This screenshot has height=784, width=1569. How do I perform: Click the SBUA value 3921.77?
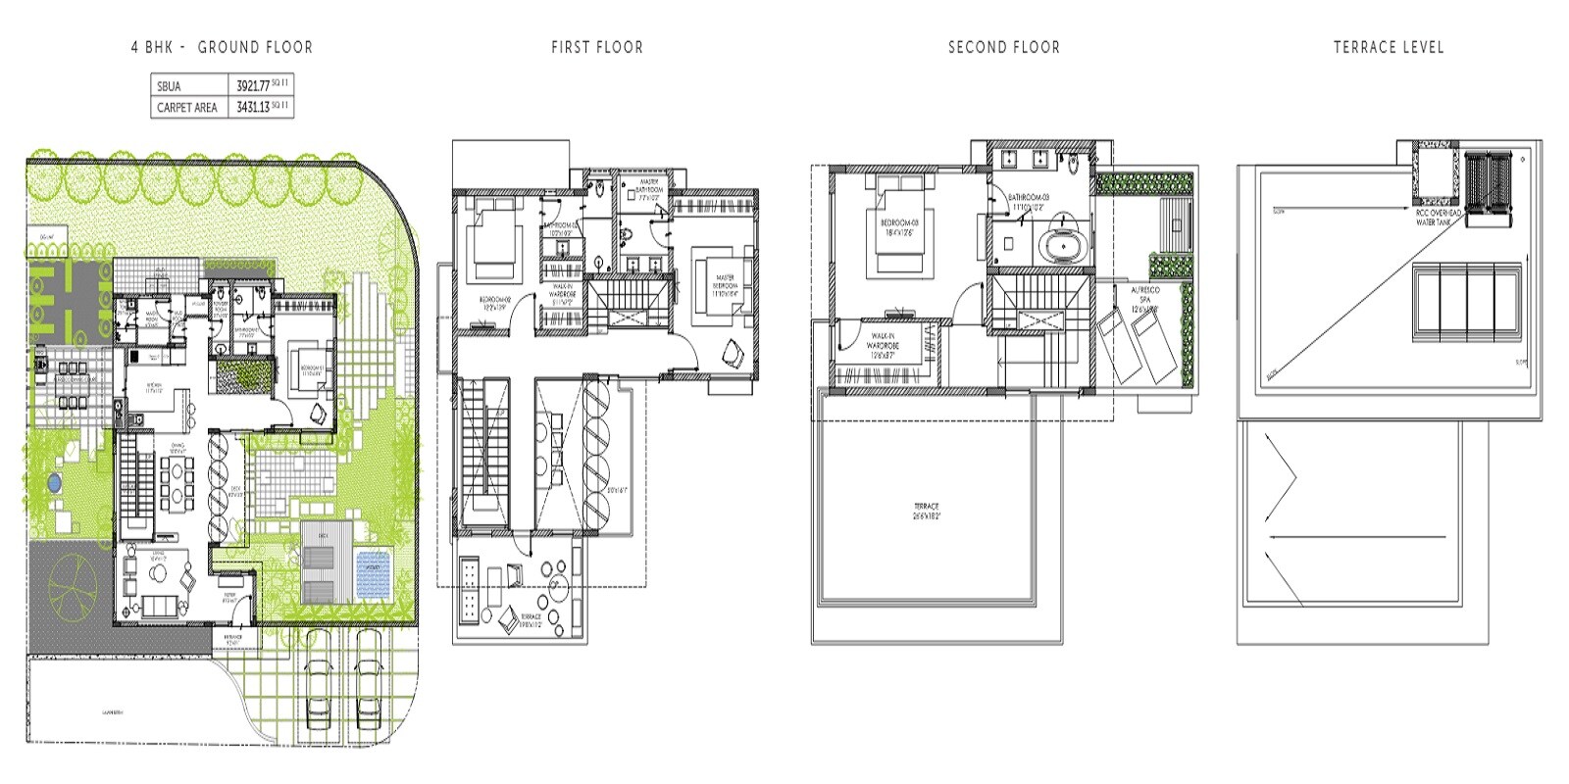coord(253,86)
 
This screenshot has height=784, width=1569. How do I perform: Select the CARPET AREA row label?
coord(187,108)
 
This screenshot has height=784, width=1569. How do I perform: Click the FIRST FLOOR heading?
coord(596,47)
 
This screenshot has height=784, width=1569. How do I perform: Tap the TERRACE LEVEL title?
coord(1388,47)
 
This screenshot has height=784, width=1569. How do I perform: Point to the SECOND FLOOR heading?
coord(1003,47)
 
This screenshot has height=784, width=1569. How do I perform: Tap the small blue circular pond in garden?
coord(53,482)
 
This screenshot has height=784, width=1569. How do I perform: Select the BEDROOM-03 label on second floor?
coord(899,227)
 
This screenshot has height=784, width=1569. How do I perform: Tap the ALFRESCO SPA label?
coord(1145,299)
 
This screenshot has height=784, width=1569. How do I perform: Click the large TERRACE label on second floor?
coord(926,511)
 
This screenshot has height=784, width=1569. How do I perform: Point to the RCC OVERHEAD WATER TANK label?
coord(1439,218)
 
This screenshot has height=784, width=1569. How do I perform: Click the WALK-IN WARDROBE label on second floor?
coord(883,345)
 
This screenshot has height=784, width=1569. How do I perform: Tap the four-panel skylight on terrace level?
coord(1466,302)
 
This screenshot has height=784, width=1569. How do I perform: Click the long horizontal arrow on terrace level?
coord(1358,537)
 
